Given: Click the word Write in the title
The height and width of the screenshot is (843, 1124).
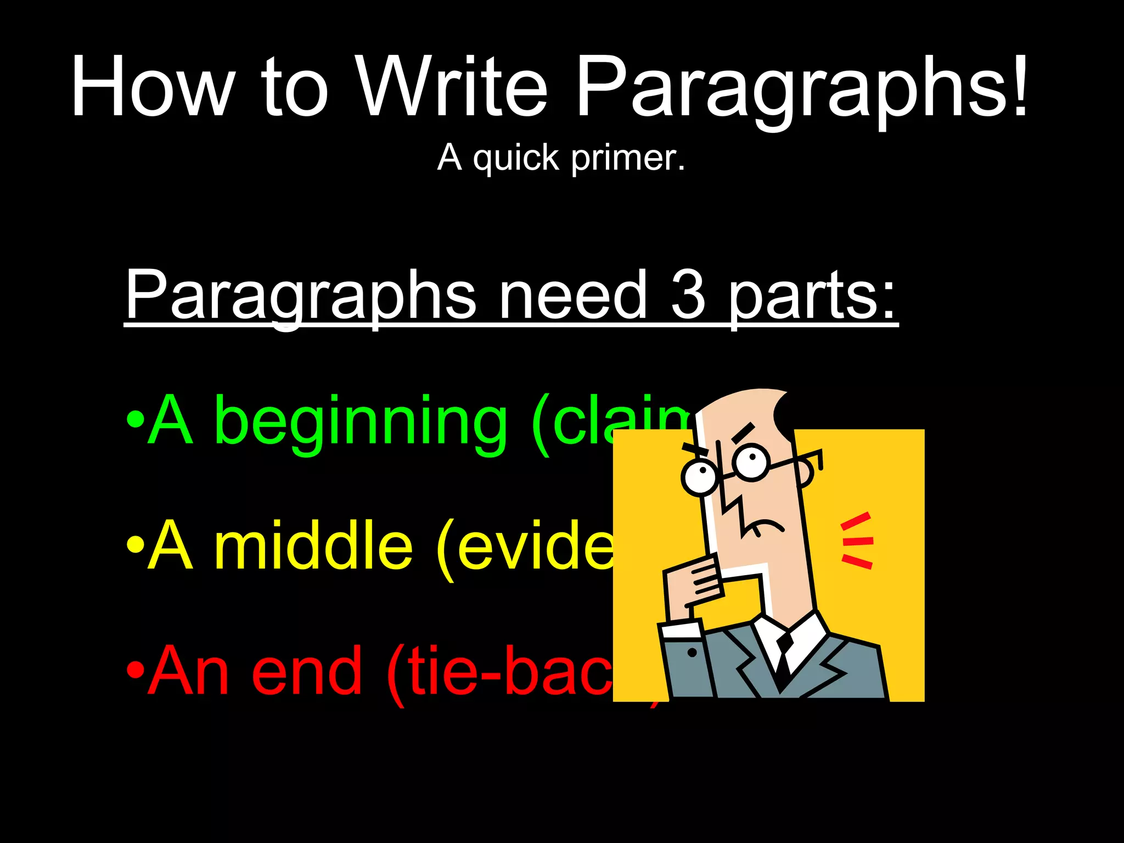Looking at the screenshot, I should tap(451, 87).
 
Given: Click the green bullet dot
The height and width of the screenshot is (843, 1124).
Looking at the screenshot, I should tap(135, 421).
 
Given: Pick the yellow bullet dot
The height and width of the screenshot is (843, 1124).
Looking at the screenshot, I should tap(135, 546).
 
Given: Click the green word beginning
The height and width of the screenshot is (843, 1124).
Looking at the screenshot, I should tap(359, 423).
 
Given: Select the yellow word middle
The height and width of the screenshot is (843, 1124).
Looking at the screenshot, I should tap(313, 546).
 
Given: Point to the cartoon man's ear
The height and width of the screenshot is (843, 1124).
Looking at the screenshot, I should tap(805, 473).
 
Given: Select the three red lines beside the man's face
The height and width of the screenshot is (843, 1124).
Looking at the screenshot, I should tap(857, 541).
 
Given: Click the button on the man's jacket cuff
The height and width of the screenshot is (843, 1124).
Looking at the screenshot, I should tap(692, 653).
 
